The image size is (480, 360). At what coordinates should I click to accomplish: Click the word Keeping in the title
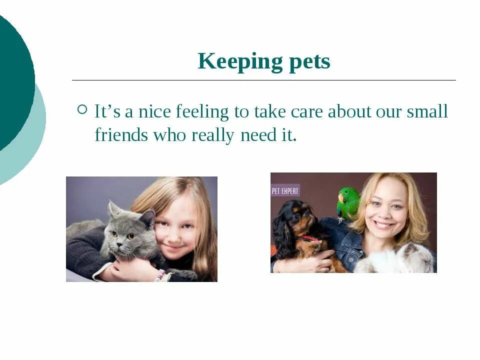[x=233, y=62]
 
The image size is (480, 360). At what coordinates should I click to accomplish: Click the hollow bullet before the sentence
[x=82, y=109]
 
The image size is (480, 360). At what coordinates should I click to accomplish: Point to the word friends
[x=121, y=135]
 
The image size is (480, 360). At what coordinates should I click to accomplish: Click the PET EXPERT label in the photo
[x=285, y=190]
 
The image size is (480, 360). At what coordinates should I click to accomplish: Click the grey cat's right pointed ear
[x=147, y=218]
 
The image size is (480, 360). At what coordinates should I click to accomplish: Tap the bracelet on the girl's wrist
[x=160, y=274]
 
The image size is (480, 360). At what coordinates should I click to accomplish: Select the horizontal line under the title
[x=264, y=80]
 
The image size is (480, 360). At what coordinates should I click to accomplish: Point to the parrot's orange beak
[x=340, y=197]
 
